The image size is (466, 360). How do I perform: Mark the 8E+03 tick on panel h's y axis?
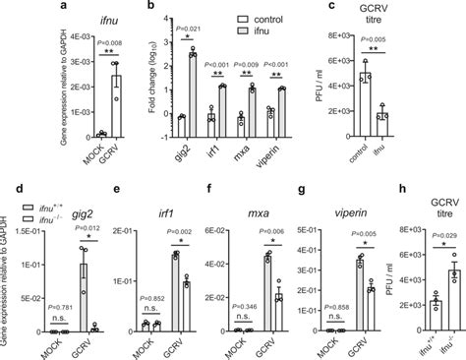point(403,228)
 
